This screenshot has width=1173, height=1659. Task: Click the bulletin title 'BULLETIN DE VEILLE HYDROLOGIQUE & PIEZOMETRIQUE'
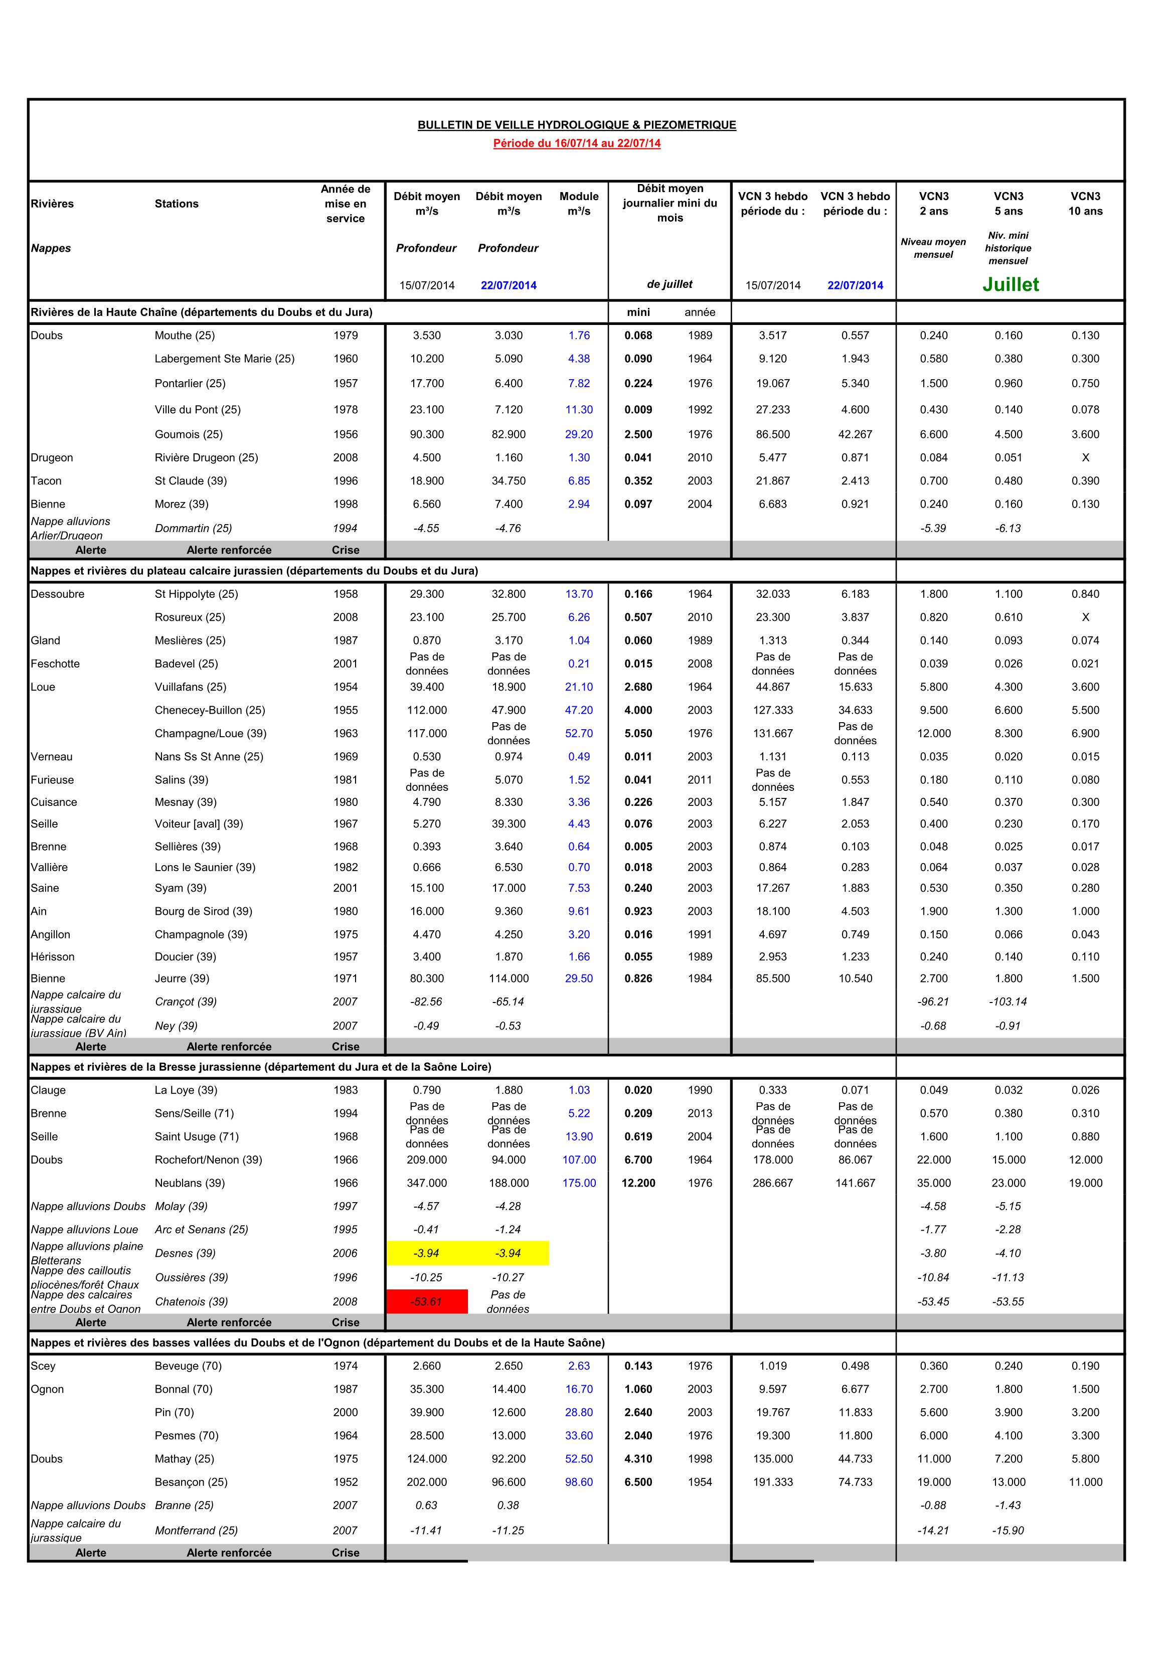coord(577,125)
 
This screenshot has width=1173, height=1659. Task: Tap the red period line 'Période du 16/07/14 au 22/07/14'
coord(577,143)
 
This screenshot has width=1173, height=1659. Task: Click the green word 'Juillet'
coord(1011,285)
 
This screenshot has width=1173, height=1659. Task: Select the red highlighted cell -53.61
coord(426,1301)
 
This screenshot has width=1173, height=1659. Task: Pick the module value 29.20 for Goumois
coord(579,434)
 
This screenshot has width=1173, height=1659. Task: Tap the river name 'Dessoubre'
coord(58,594)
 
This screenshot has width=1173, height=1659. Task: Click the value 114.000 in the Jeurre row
coord(509,978)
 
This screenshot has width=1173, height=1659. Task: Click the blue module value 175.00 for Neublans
coord(579,1183)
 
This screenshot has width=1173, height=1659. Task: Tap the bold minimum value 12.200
coord(638,1183)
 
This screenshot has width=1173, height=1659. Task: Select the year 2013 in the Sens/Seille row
coord(700,1113)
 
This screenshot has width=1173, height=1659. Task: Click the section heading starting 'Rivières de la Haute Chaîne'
coord(202,312)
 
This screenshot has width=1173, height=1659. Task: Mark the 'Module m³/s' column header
coord(579,203)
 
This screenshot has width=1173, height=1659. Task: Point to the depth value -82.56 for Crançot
coord(426,1002)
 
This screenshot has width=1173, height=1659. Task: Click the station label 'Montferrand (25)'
coord(196,1531)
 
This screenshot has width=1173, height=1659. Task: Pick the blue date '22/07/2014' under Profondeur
coord(509,285)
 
